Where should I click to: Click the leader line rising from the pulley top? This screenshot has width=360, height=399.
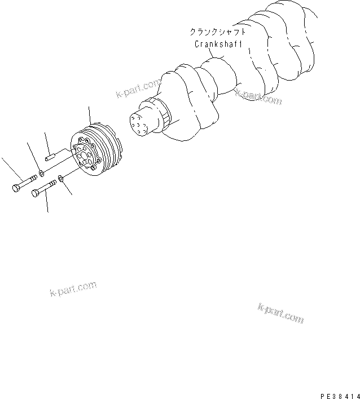90,116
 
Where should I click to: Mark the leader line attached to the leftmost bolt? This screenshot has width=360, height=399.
10,169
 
